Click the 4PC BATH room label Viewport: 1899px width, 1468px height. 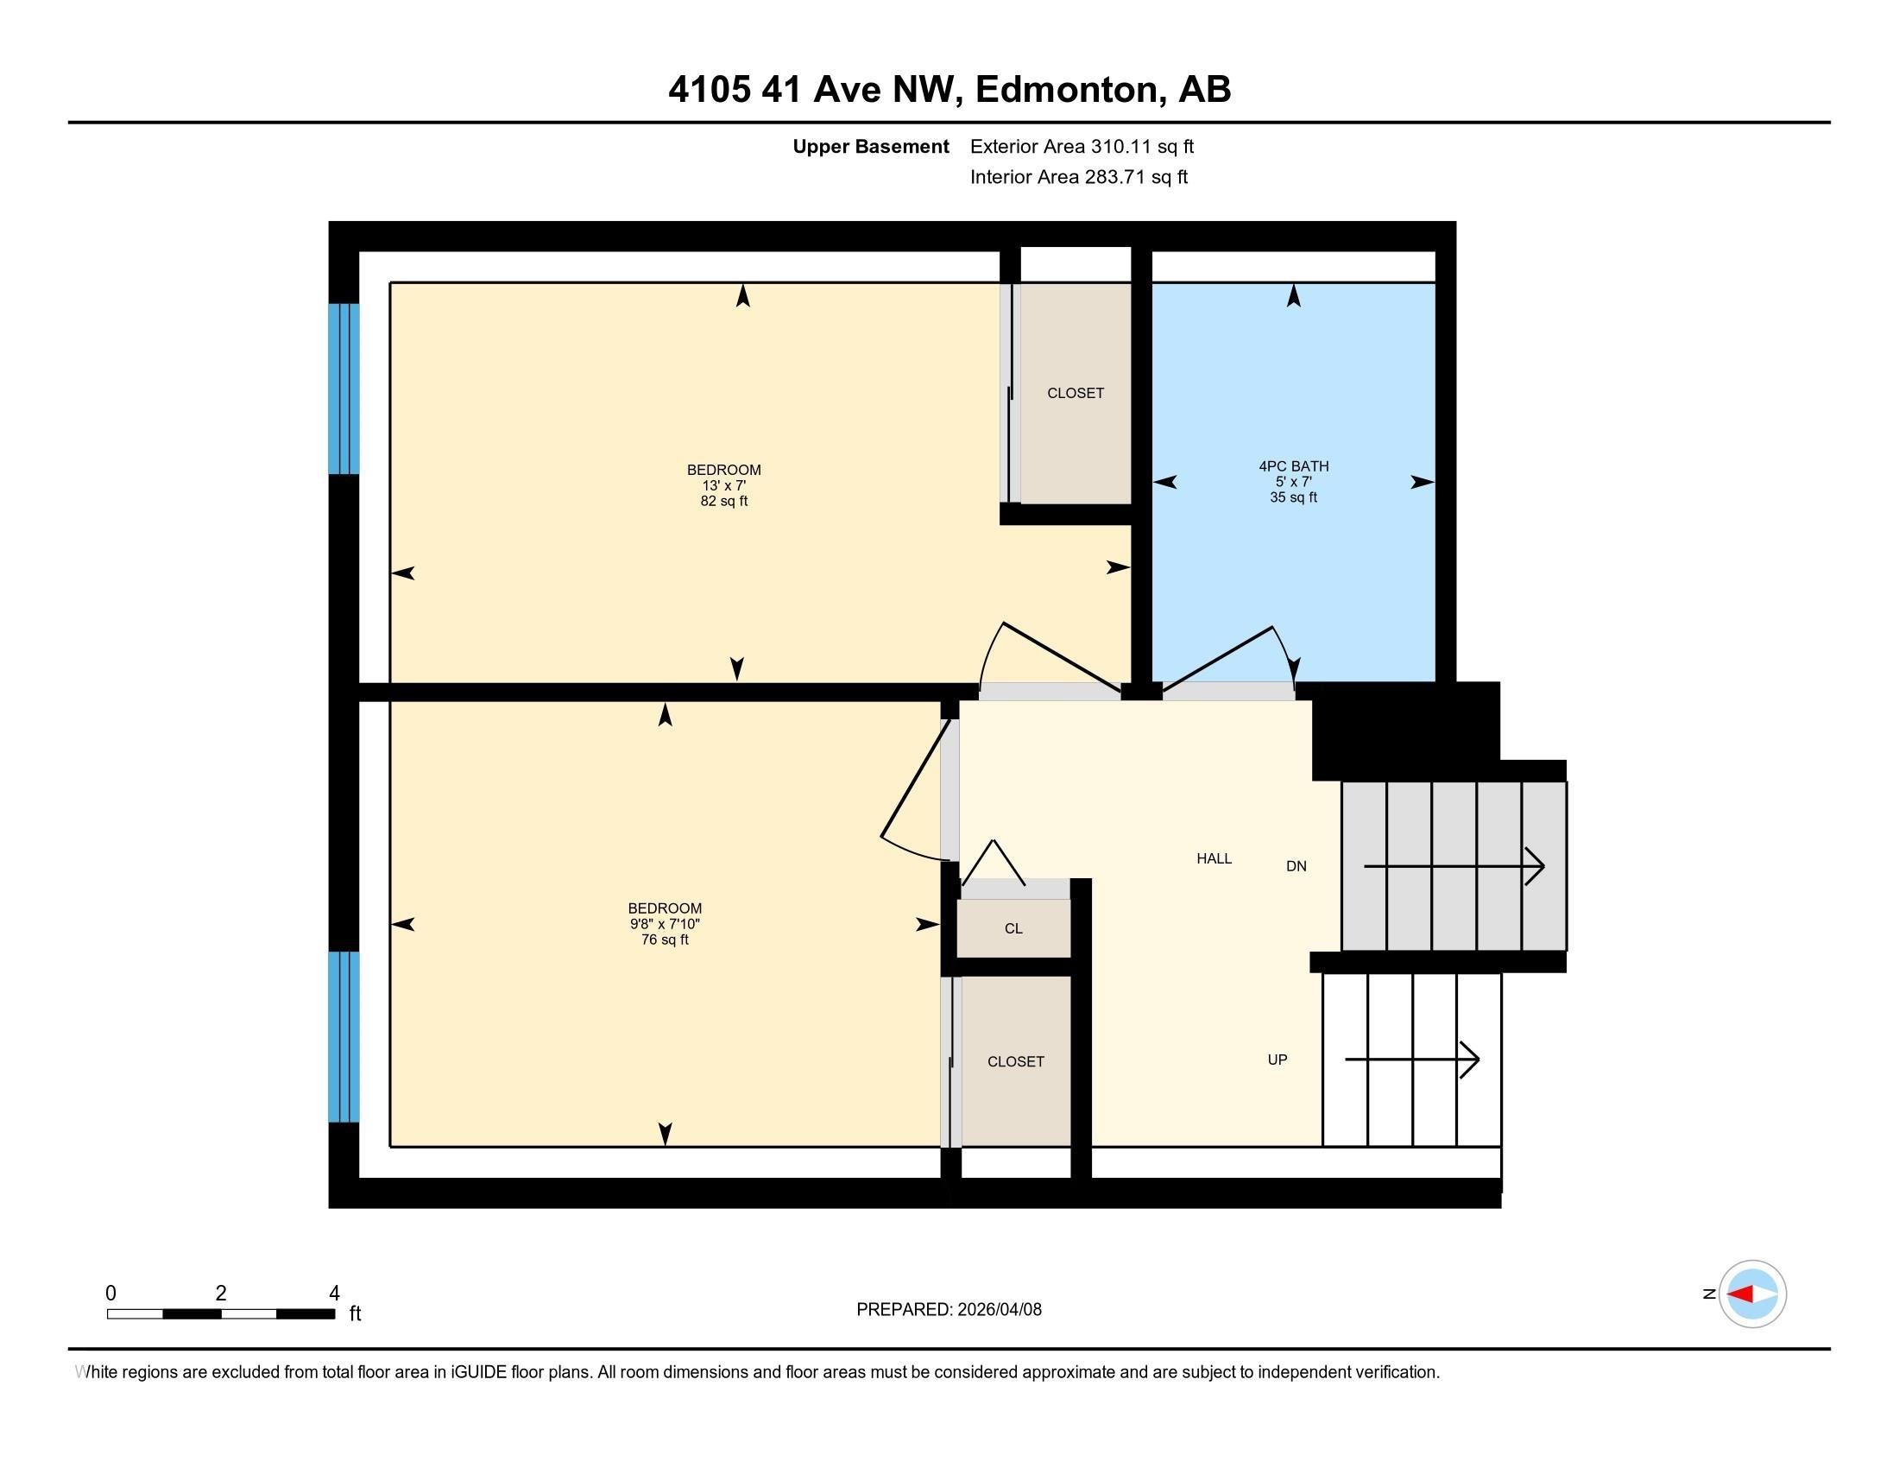(1293, 466)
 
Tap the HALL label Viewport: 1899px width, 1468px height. (1214, 858)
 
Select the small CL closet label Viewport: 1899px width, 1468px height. (1013, 929)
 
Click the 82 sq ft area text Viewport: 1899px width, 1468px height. (723, 501)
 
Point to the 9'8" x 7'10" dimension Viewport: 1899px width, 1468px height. (665, 924)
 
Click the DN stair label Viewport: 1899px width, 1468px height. (1296, 866)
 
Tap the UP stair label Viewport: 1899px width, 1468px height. (1277, 1060)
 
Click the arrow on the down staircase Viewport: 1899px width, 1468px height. (1453, 866)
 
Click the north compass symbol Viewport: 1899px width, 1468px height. (1751, 1294)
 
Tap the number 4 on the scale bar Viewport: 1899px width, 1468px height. (334, 1294)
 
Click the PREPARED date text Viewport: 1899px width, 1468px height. (949, 1310)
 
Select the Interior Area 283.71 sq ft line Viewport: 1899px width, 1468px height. (1078, 177)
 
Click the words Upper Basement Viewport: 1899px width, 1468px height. (869, 147)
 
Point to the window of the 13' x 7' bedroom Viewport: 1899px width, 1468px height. (344, 389)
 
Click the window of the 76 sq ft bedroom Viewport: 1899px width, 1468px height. (344, 1036)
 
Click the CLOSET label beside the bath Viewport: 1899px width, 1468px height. (1075, 393)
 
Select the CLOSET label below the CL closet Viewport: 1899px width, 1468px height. (1015, 1062)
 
